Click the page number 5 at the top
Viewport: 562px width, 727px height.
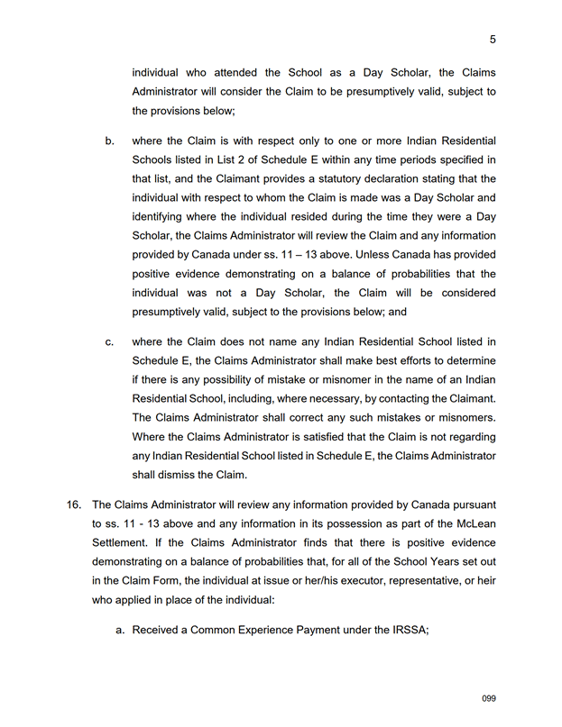click(x=493, y=39)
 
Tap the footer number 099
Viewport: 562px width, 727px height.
click(x=489, y=698)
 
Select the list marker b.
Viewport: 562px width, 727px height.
click(x=109, y=141)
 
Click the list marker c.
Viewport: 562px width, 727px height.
click(x=109, y=342)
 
